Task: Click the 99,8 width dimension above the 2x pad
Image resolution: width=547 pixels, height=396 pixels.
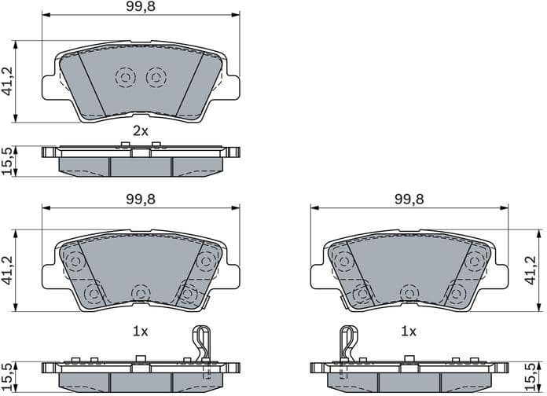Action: [x=140, y=8]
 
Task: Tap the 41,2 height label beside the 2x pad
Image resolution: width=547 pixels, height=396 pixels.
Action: [x=8, y=81]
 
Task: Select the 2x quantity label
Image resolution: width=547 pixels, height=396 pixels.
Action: [x=140, y=131]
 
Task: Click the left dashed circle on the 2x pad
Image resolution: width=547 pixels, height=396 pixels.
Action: [x=125, y=77]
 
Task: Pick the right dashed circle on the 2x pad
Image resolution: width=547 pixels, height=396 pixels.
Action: [x=156, y=77]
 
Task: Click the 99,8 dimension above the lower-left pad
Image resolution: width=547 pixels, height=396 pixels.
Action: [x=140, y=200]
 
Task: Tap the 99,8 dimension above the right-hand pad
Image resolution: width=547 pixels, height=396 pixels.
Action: [x=409, y=200]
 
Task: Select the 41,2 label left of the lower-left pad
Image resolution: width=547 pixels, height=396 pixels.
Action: [x=8, y=270]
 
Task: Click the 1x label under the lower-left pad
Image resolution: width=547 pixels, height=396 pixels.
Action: [x=140, y=332]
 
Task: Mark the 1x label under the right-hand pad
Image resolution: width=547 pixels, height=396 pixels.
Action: [x=409, y=332]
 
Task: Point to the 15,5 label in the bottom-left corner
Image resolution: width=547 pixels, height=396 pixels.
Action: [x=8, y=376]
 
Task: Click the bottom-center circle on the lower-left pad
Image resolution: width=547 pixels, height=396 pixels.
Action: [x=140, y=292]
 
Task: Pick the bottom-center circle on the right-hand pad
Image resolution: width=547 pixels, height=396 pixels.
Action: [x=408, y=292]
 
